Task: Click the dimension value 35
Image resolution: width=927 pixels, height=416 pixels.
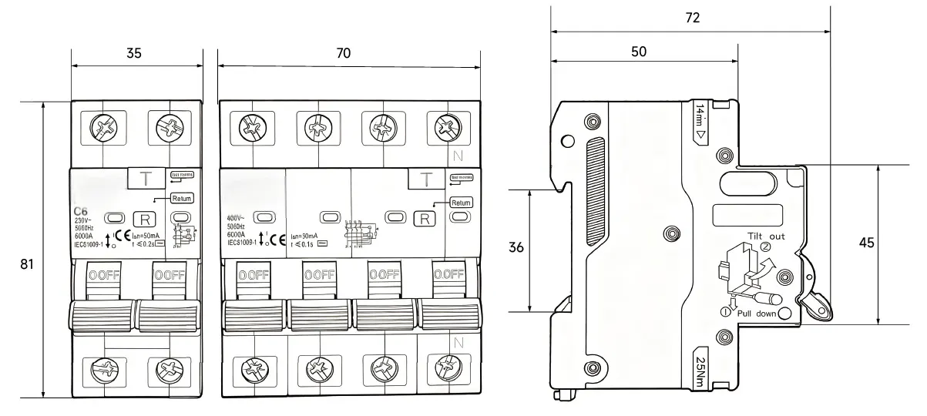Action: point(134,53)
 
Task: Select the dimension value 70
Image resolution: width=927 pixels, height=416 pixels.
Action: point(344,53)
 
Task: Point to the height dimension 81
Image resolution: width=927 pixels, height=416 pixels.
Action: point(28,263)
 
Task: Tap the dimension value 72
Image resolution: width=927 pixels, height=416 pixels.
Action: point(693,18)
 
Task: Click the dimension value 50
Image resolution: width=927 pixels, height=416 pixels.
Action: point(639,52)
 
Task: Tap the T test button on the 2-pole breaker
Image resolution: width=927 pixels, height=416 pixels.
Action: point(144,179)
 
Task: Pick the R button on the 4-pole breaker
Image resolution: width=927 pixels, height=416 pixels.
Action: point(424,219)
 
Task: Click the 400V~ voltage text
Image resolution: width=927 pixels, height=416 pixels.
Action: point(238,219)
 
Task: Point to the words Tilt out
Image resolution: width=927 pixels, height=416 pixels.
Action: point(766,237)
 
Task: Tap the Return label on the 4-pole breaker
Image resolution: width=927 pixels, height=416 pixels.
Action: point(460,203)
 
